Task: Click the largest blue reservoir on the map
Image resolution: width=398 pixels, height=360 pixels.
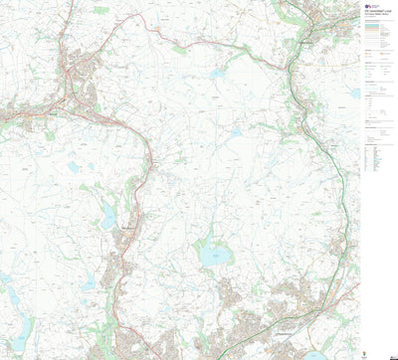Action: [212, 255]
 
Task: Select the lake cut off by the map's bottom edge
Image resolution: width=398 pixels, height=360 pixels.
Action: [315, 355]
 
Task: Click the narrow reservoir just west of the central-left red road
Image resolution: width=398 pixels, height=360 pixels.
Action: [107, 217]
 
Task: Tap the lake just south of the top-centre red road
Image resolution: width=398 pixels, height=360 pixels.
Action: [218, 73]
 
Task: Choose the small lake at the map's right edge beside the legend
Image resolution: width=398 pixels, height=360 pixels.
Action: [354, 94]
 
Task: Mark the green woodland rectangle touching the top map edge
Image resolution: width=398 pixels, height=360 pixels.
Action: [100, 9]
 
